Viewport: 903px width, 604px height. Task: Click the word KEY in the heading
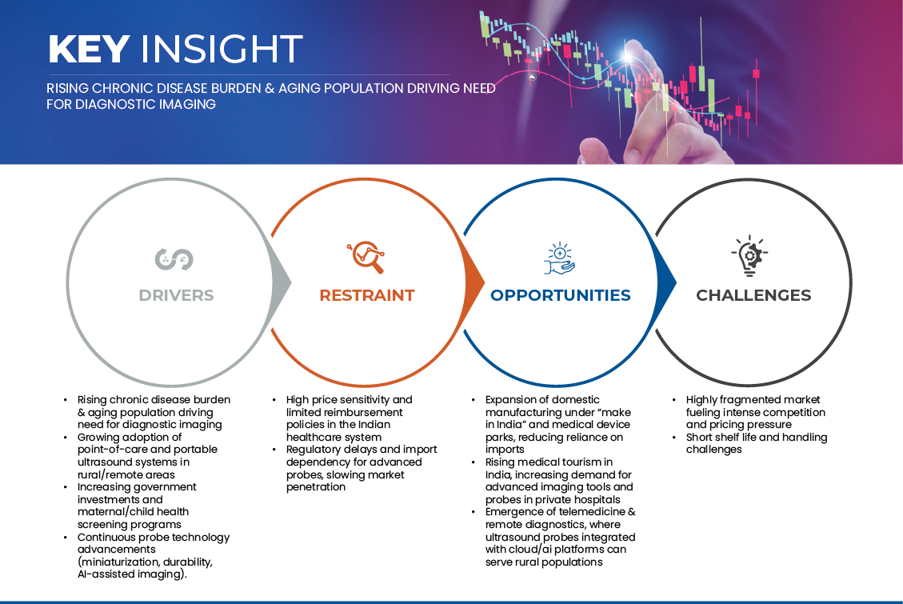pos(88,50)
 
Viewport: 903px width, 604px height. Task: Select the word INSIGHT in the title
pos(222,50)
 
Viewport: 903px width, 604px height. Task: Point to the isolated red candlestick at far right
pos(755,74)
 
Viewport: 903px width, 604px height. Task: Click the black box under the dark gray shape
pos(757,496)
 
